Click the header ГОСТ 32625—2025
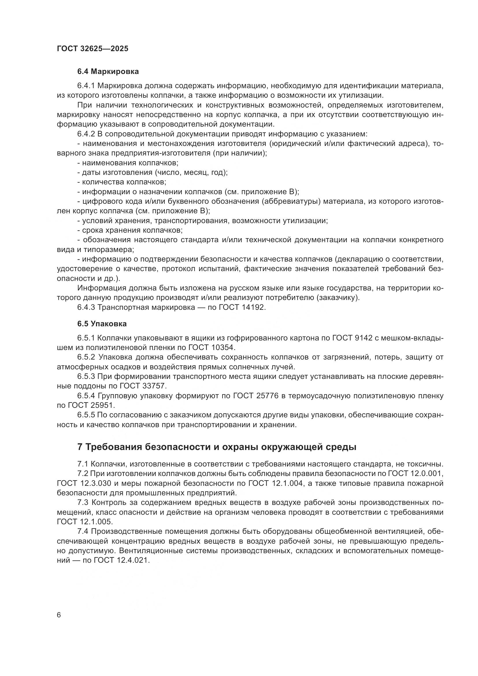pos(93,49)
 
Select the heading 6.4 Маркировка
pos(108,72)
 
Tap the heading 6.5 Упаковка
pos(102,324)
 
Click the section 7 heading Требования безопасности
pos(217,447)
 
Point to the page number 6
pos(59,615)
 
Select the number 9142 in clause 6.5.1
pos(363,338)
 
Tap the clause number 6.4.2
pos(86,134)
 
